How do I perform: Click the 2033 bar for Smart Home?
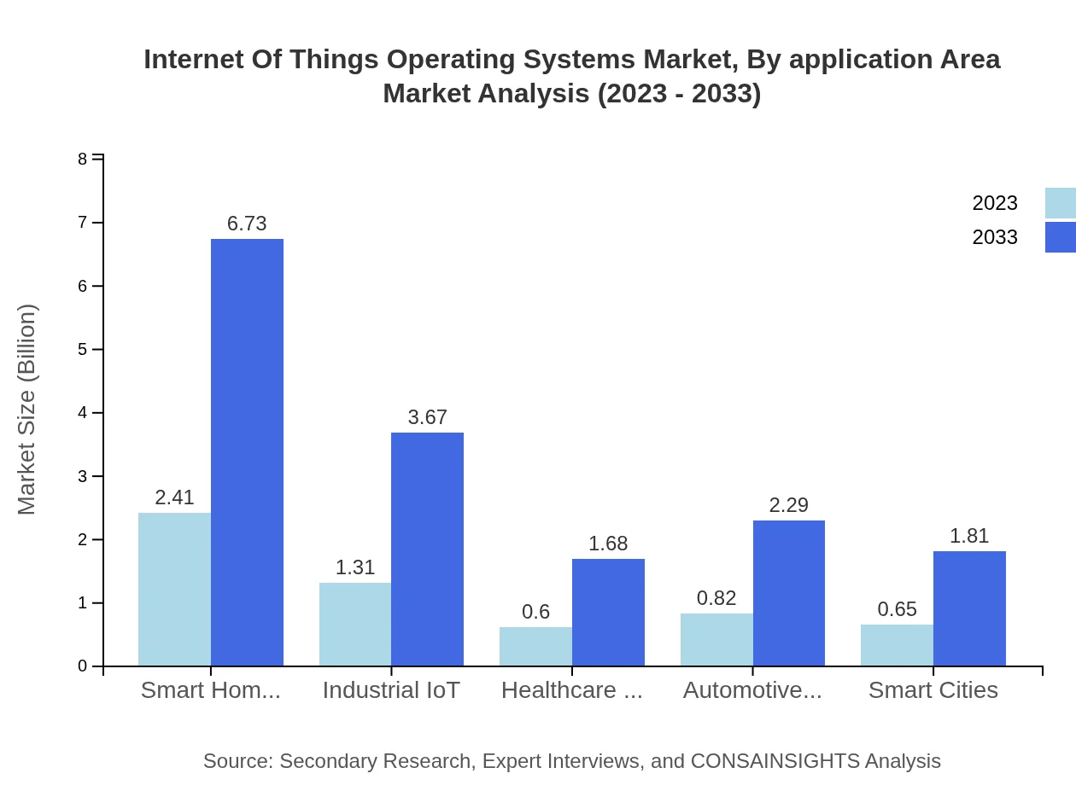[247, 452]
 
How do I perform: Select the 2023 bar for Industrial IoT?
[355, 624]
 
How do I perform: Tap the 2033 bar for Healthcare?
[608, 612]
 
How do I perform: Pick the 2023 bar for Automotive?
[716, 639]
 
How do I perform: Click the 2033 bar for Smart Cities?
[969, 608]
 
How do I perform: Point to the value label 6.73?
[247, 224]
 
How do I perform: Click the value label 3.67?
[427, 417]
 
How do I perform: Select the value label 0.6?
[535, 612]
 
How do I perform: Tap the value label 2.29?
[788, 505]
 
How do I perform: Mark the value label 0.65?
[897, 609]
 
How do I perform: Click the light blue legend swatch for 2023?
[1060, 203]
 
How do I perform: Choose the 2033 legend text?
[995, 237]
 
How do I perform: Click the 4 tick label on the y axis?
[83, 413]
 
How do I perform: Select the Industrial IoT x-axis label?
[391, 690]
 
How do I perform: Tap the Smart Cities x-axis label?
[933, 690]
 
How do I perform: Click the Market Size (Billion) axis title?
[27, 410]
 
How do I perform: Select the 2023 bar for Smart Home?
[174, 589]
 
